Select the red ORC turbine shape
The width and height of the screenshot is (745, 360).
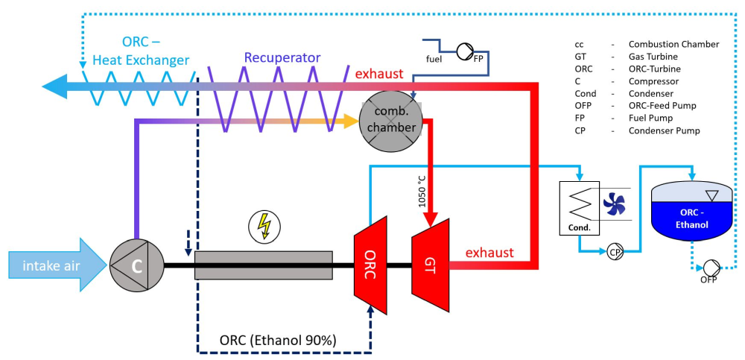(x=370, y=263)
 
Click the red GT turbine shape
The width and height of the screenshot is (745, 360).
(x=429, y=263)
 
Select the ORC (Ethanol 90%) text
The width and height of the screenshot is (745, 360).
(x=278, y=340)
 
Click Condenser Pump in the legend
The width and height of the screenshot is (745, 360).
(x=664, y=130)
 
